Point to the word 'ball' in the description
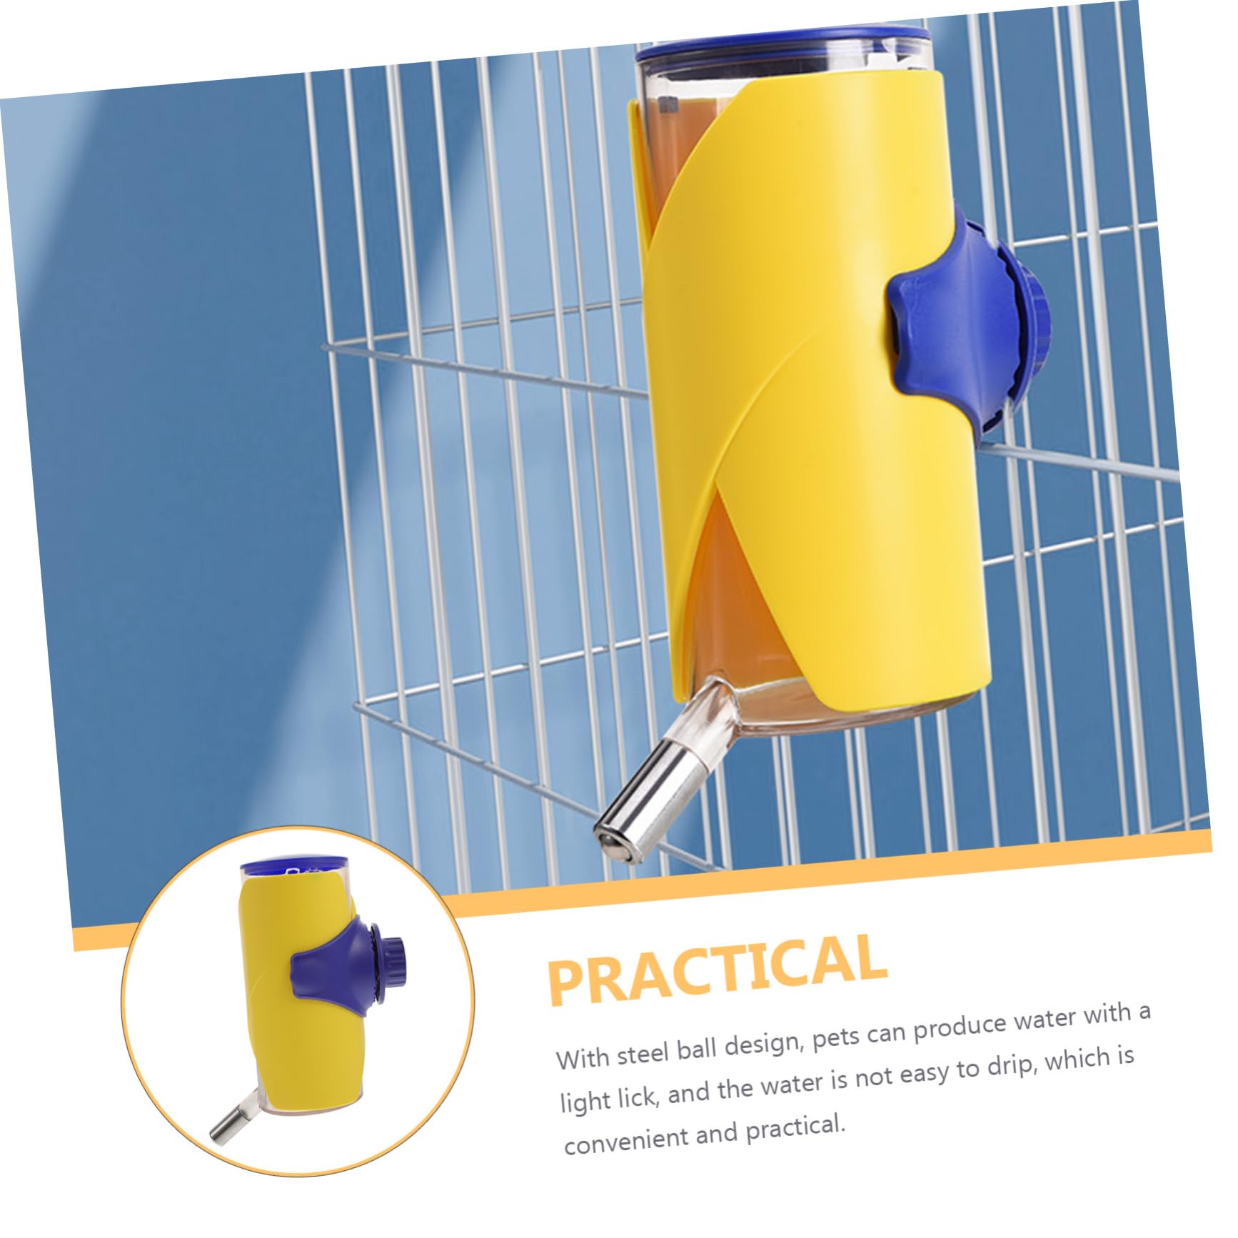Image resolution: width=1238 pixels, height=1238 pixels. click(698, 1048)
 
